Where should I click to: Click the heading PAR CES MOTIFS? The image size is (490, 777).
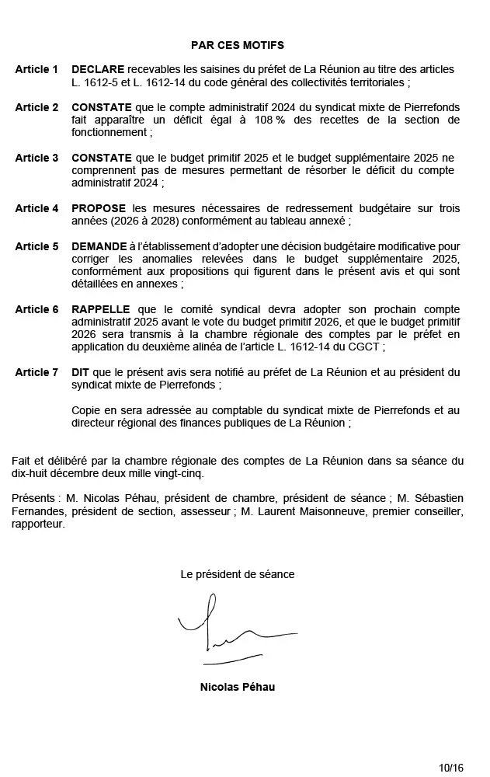[x=237, y=46]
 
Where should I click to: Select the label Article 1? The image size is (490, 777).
[x=36, y=70]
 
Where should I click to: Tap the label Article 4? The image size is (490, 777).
[x=36, y=208]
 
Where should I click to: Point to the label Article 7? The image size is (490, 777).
[x=36, y=372]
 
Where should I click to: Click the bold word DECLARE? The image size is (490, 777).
[x=97, y=70]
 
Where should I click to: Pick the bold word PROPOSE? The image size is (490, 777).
[x=99, y=208]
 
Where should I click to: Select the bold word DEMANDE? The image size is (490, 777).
[x=99, y=246]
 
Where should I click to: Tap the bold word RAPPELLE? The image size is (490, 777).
[x=101, y=309]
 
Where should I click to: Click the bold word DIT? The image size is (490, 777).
[x=80, y=372]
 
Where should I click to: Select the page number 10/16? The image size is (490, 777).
[x=450, y=768]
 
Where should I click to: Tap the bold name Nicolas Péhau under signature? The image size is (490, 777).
[x=237, y=687]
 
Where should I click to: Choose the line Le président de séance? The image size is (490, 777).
[x=237, y=574]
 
